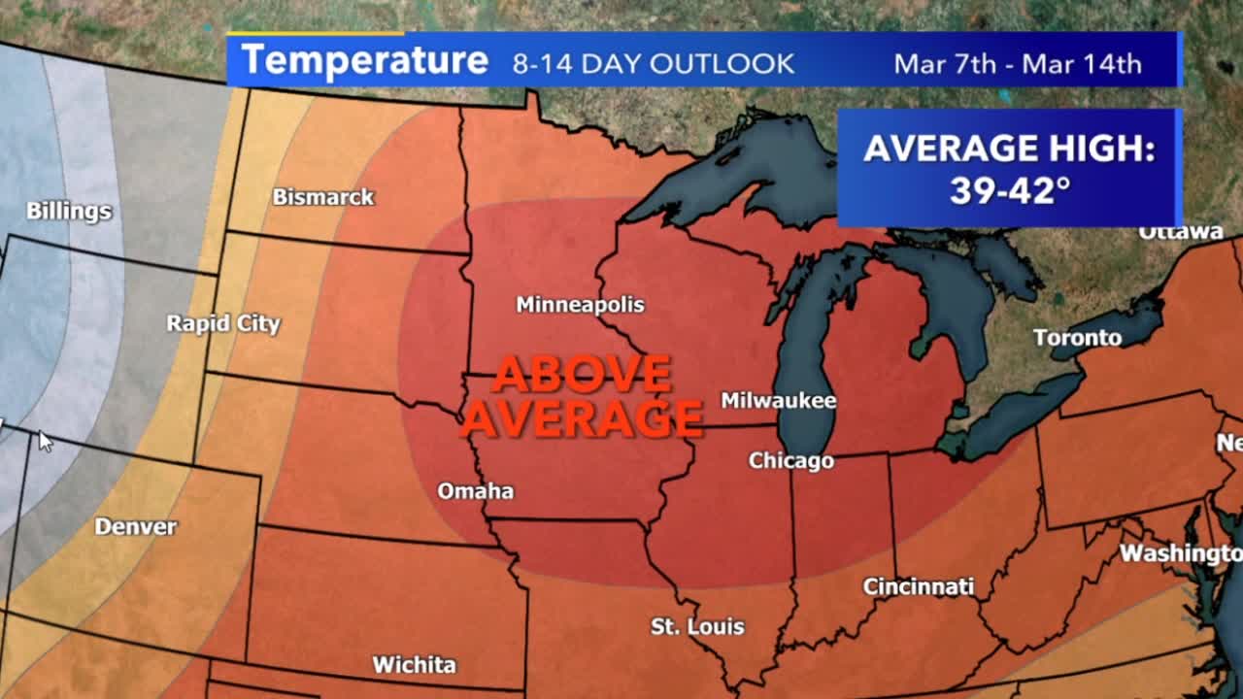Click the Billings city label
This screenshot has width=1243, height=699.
(68, 211)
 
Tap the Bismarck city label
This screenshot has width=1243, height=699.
(322, 197)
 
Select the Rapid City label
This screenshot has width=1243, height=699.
(222, 323)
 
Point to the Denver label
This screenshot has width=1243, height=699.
(135, 527)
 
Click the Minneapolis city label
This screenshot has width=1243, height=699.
(580, 305)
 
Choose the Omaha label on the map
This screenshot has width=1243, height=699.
(475, 491)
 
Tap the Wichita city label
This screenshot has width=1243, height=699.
(414, 665)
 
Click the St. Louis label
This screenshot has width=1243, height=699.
(697, 627)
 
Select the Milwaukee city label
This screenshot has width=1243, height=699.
(778, 401)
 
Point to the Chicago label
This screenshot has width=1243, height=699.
(790, 461)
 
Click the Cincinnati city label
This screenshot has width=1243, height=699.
(918, 587)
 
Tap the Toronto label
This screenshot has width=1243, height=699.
(1077, 338)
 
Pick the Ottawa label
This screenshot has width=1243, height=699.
(1180, 232)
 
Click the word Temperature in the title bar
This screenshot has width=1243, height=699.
(364, 61)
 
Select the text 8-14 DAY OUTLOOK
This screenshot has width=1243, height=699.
(653, 64)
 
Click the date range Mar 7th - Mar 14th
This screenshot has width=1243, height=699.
(1017, 64)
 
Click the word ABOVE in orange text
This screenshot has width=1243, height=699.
(582, 374)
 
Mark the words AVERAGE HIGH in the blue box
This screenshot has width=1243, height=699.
(1009, 149)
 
